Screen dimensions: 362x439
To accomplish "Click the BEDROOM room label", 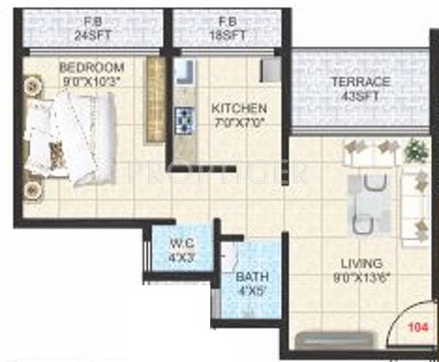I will [x=91, y=68].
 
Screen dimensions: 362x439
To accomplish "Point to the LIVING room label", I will [x=360, y=263].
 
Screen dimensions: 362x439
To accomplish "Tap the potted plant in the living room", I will [x=414, y=151].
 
